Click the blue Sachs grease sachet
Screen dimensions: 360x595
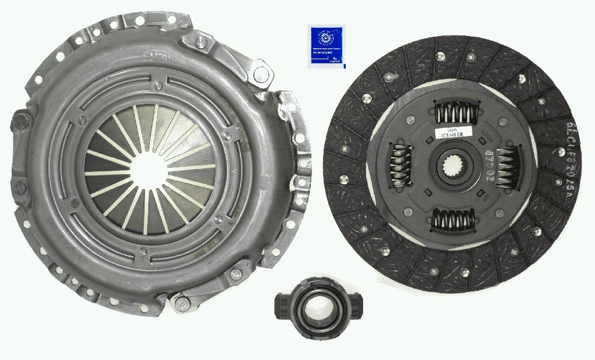(x=325, y=46)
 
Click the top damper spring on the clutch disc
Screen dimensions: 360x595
(x=454, y=111)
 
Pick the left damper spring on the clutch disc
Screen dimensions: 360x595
(x=399, y=165)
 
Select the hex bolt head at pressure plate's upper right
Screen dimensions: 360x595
(x=263, y=73)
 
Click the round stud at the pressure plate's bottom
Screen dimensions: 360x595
(x=181, y=302)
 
